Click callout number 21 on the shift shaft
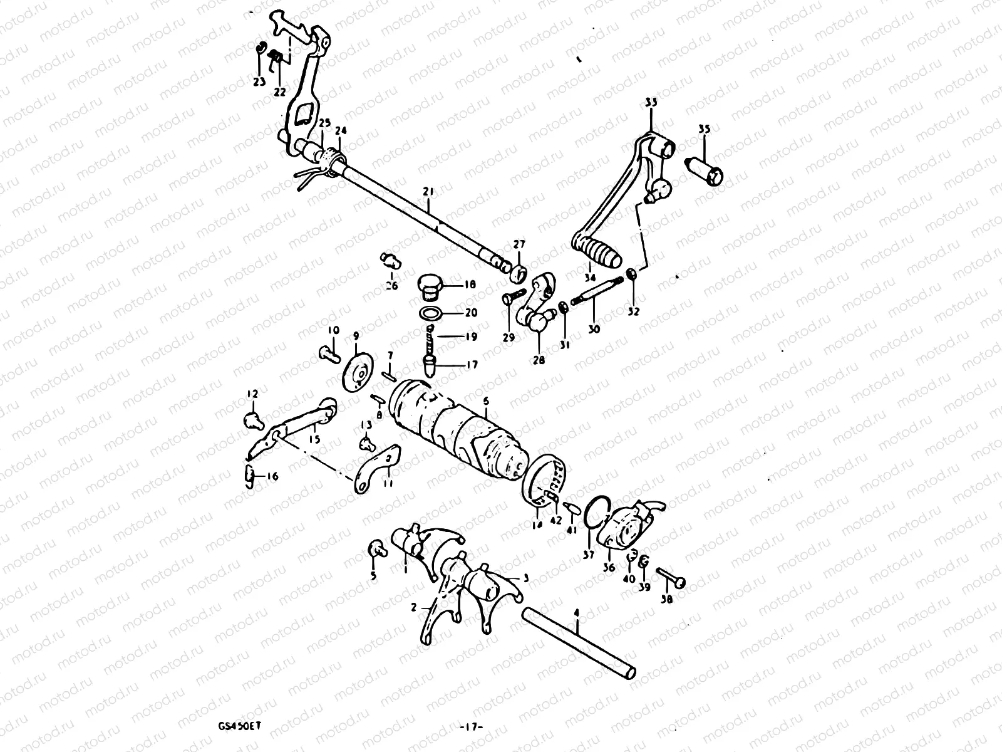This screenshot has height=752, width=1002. coord(428,191)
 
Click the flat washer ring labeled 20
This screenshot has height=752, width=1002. coord(430,313)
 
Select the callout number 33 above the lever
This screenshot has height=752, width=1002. coord(651,102)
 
